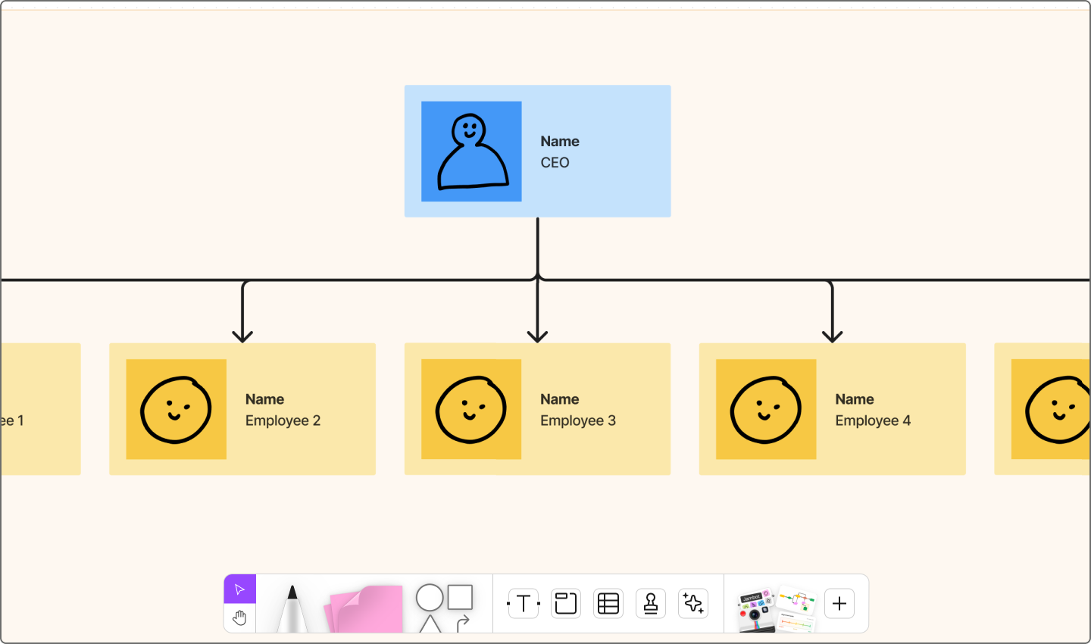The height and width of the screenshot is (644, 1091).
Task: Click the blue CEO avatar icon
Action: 471,152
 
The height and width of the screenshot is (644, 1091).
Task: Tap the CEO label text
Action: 555,163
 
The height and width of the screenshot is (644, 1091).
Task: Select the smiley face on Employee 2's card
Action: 176,409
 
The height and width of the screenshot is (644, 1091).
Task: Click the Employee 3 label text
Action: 577,420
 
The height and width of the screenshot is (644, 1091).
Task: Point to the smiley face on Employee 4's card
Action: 765,409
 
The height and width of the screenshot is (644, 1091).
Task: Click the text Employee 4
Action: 873,420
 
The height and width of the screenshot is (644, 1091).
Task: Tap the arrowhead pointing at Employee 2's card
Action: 242,335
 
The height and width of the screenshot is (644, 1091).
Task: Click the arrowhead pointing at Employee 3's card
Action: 537,335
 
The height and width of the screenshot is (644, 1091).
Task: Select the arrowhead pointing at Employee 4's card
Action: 832,335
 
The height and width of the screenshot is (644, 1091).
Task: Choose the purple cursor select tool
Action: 239,589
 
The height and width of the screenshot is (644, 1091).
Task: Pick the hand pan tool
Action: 239,618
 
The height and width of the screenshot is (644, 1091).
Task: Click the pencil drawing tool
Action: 292,608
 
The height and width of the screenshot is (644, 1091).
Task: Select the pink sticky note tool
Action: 365,609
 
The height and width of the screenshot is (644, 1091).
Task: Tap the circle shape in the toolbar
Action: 430,598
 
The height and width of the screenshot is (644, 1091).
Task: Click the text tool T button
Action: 523,604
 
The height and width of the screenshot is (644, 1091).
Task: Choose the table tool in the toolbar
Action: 608,604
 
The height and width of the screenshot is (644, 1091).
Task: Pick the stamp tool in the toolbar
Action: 651,604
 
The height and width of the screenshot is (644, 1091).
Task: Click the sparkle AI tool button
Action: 693,604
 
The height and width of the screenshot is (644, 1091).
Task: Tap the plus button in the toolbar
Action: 839,604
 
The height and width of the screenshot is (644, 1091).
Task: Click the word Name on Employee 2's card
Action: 264,399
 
